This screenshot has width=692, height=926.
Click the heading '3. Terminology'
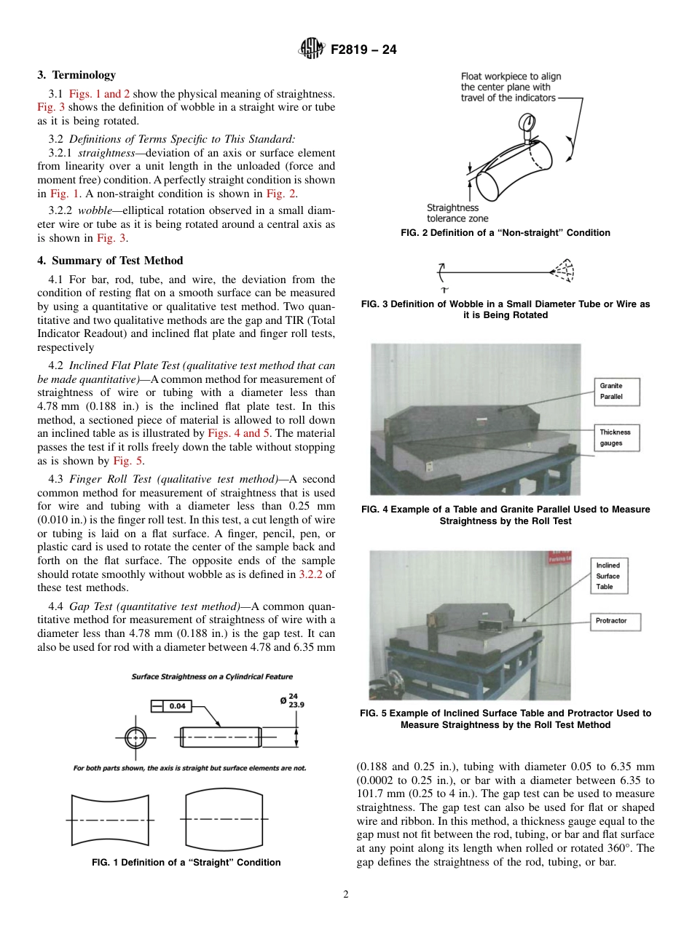pos(76,75)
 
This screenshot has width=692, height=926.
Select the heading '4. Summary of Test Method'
pos(110,261)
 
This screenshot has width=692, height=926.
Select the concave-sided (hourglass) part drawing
pos(109,818)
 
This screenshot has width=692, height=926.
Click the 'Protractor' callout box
pos(611,621)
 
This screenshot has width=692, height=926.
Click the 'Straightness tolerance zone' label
pos(457,213)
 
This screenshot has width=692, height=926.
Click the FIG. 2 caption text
pos(506,233)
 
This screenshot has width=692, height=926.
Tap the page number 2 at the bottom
pos(345,895)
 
